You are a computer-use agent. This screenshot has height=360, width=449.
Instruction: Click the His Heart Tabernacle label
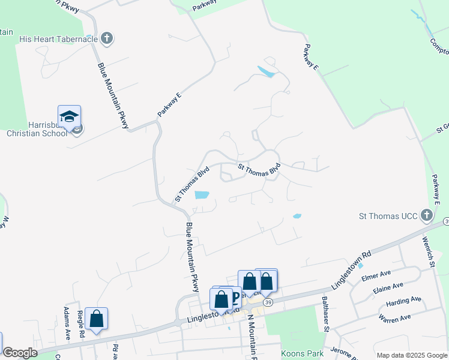coord(58,40)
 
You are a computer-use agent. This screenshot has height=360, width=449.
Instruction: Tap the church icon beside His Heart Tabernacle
coord(107,40)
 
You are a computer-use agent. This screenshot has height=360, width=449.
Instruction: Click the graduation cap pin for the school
coord(69,116)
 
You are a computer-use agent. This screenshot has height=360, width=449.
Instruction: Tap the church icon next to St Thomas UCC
coord(426,215)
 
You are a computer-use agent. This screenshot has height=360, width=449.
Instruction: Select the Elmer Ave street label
coord(376,278)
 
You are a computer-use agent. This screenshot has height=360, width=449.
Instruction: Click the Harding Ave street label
coord(404,300)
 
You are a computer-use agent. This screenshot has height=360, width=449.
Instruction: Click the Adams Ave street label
coord(67,325)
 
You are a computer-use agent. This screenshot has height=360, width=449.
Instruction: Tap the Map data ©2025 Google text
coord(411,355)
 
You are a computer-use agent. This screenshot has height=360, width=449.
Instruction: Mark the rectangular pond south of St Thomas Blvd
coord(202,194)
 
